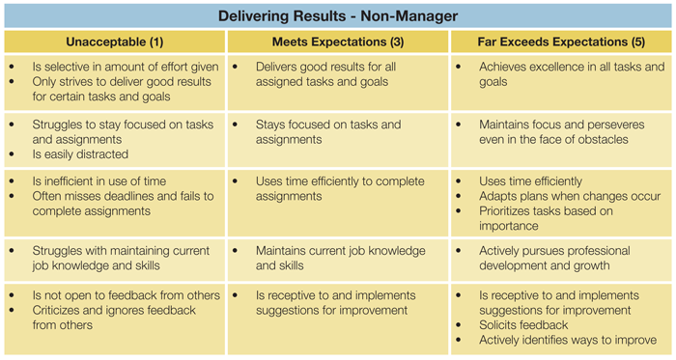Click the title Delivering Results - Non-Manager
pyautogui.click(x=338, y=16)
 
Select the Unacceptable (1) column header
pyautogui.click(x=115, y=42)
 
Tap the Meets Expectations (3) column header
pyautogui.click(x=338, y=42)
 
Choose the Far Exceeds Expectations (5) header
pyautogui.click(x=561, y=42)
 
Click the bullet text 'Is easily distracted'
pyautogui.click(x=80, y=154)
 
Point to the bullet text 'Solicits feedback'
pyautogui.click(x=523, y=324)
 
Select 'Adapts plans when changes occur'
pyautogui.click(x=570, y=196)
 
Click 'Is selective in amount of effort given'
pyautogui.click(x=126, y=67)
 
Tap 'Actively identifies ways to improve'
pyautogui.click(x=568, y=340)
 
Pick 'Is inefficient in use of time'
pyautogui.click(x=99, y=181)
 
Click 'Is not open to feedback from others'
pyautogui.click(x=126, y=295)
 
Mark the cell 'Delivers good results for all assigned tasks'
pyautogui.click(x=338, y=83)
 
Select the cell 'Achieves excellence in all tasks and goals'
pyautogui.click(x=561, y=83)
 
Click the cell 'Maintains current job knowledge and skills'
pyautogui.click(x=338, y=260)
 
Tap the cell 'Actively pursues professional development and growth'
pyautogui.click(x=561, y=260)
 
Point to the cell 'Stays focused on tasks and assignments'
pyautogui.click(x=338, y=140)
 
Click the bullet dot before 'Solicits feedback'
pyautogui.click(x=459, y=325)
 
